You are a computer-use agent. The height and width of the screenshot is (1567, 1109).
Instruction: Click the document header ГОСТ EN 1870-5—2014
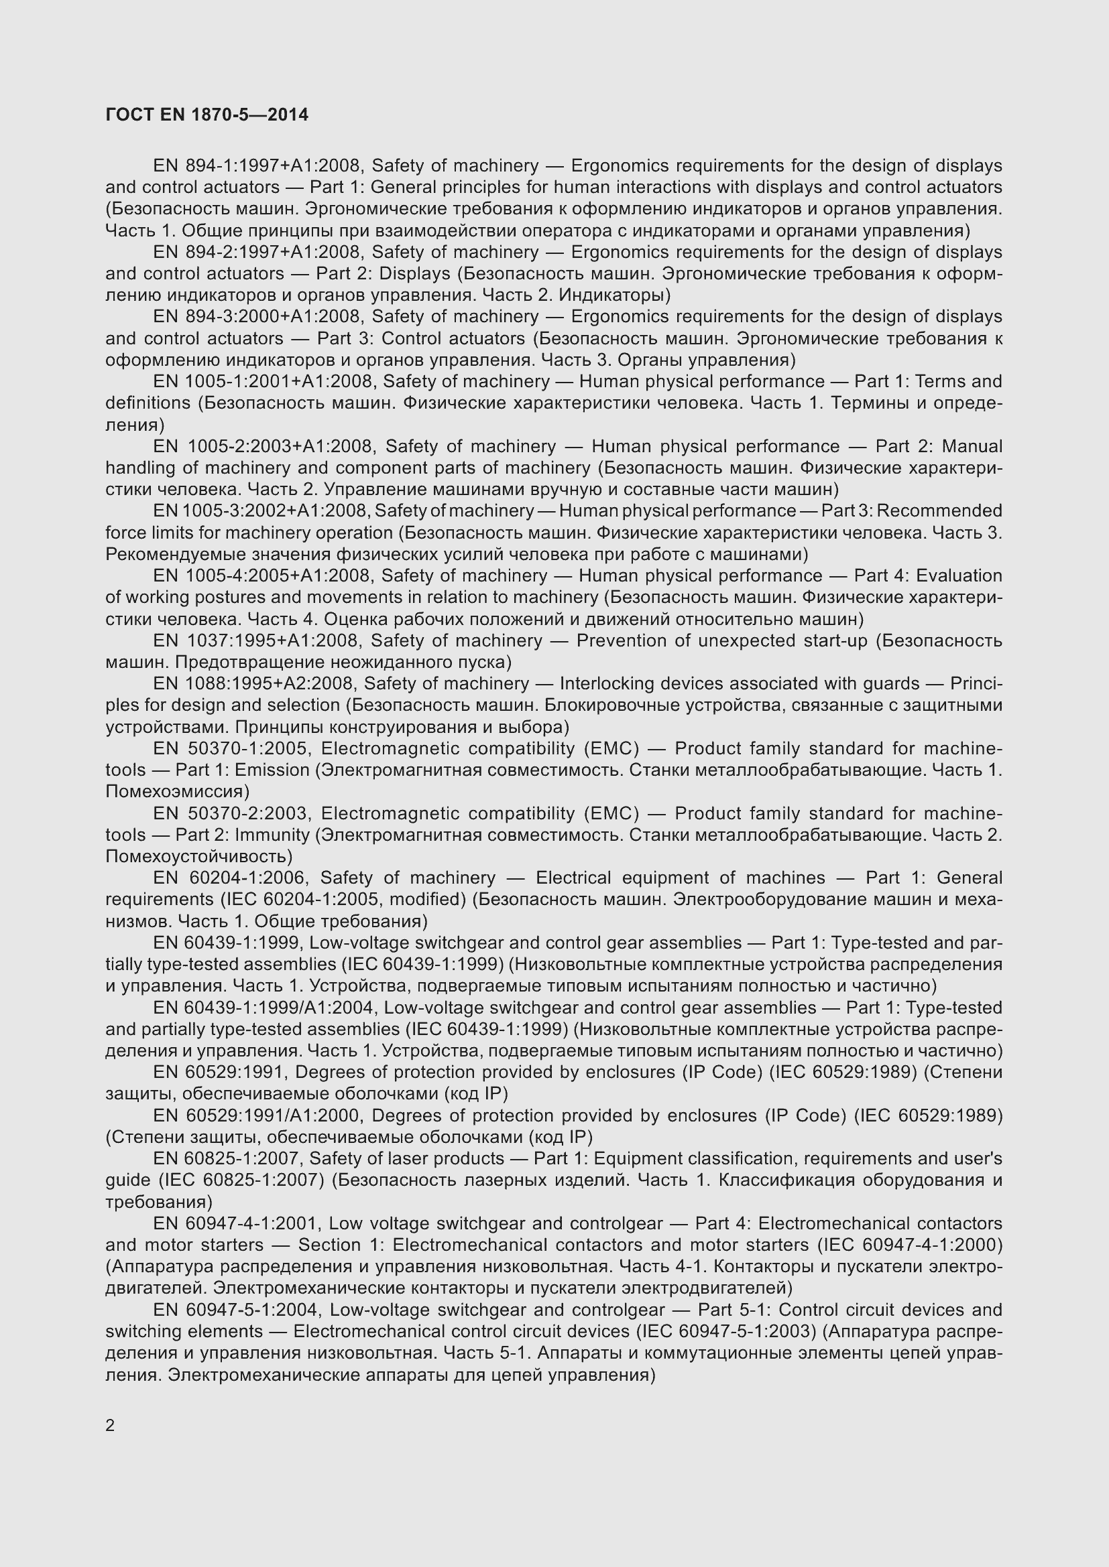coord(207,115)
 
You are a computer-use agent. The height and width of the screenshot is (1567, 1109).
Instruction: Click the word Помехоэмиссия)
coord(178,792)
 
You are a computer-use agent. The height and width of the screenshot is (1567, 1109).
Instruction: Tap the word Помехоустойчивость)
coord(198,857)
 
